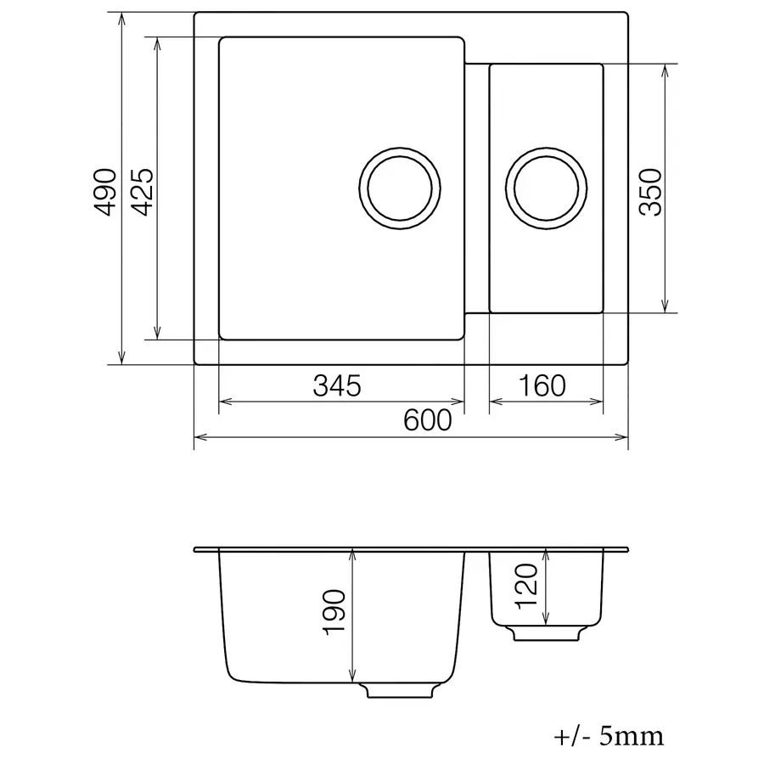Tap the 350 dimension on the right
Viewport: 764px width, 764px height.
tap(649, 191)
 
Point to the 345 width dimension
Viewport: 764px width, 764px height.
tap(337, 385)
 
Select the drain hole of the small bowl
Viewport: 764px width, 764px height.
tap(547, 188)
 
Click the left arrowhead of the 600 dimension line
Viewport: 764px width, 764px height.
tap(199, 438)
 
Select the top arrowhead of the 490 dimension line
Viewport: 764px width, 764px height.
tap(121, 19)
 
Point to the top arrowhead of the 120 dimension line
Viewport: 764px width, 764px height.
tap(548, 554)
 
